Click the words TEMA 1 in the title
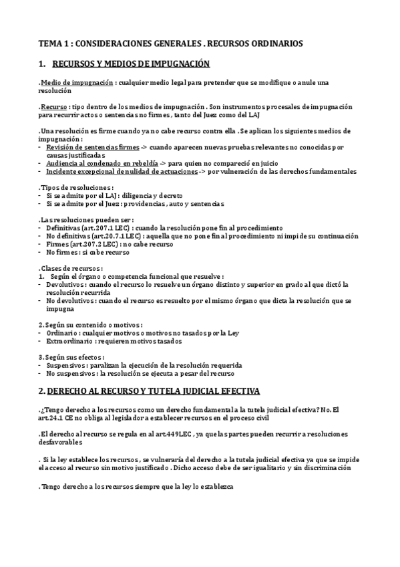coord(54,43)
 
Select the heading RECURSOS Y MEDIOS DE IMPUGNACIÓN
coord(131,64)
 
